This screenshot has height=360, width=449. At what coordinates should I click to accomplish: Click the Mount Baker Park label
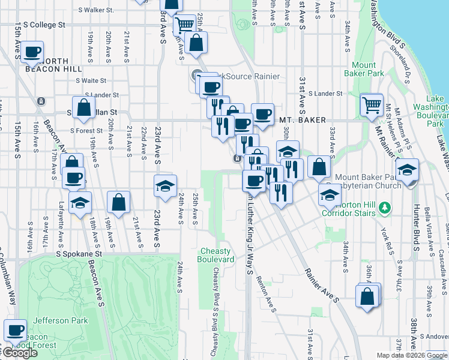[364, 69]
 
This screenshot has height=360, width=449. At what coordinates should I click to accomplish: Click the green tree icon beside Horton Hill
[385, 208]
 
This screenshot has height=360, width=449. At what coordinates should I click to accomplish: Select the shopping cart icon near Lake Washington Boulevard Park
[372, 105]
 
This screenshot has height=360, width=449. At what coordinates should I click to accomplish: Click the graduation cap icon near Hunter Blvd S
[408, 170]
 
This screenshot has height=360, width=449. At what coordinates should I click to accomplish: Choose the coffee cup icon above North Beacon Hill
[32, 52]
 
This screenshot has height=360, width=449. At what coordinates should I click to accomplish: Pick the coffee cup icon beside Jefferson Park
[16, 330]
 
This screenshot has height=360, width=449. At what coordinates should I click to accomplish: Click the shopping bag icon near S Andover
[367, 296]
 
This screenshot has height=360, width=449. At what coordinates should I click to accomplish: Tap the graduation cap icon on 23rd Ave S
[165, 186]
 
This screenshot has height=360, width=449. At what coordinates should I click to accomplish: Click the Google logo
[19, 353]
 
